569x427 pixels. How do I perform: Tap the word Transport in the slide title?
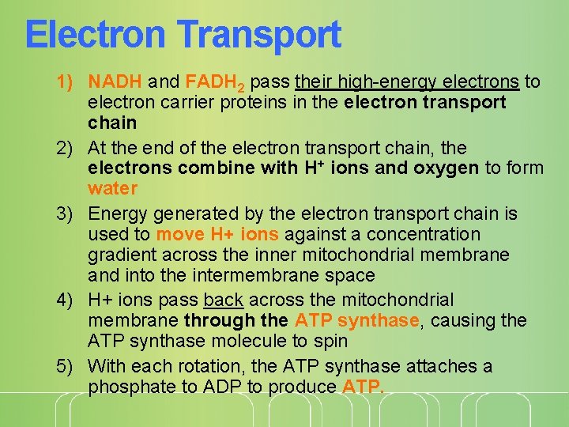coord(260,36)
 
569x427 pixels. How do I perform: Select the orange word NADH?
coord(115,81)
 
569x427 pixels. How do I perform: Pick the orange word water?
coord(113,188)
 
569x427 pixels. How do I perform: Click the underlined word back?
coord(224,300)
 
